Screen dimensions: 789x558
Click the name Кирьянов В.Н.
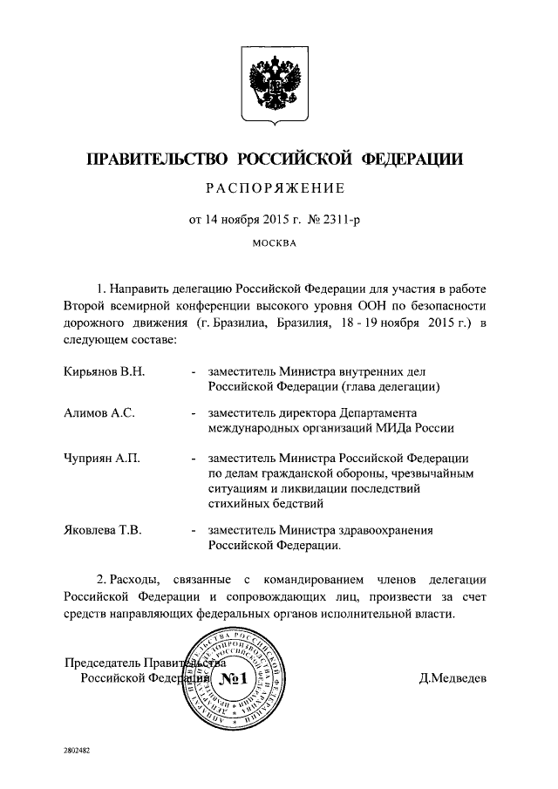[104, 371]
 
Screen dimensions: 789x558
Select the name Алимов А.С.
[99, 413]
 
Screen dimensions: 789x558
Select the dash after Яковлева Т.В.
[192, 530]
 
